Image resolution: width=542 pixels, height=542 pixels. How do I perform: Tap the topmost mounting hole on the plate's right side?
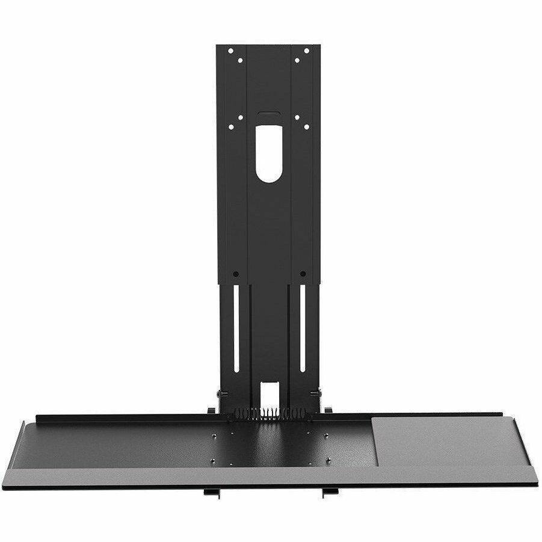click(306, 51)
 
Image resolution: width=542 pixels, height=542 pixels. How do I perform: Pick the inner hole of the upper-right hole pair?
click(296, 60)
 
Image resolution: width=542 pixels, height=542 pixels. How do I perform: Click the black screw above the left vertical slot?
click(236, 274)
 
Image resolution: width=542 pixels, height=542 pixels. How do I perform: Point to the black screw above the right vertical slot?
click(302, 274)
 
